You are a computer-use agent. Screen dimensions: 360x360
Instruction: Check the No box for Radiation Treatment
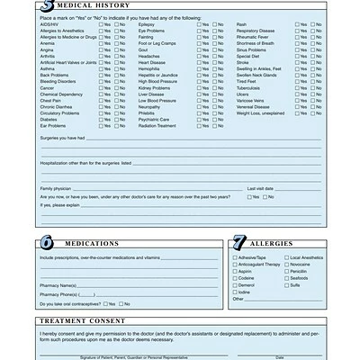click(x=217, y=125)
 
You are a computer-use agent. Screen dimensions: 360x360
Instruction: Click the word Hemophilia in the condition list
click(x=153, y=67)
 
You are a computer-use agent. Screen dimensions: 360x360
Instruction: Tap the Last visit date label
click(x=261, y=187)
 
